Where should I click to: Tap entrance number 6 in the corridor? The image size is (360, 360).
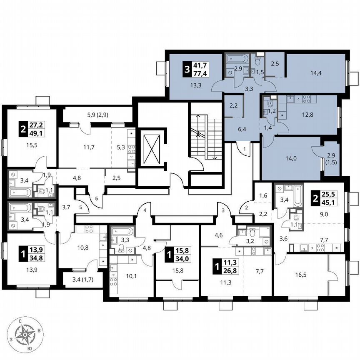click(96, 199)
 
